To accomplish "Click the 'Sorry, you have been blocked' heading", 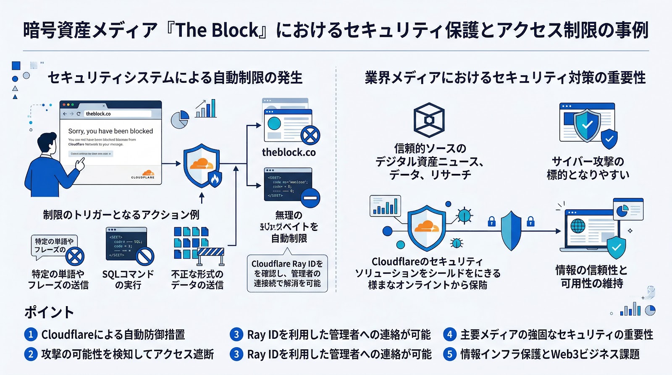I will [110, 131].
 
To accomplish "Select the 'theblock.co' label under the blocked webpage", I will [289, 152].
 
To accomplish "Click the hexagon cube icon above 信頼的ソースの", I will [429, 120].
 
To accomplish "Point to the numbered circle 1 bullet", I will [31, 334].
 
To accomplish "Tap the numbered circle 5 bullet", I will [449, 354].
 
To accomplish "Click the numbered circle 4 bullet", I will [449, 334].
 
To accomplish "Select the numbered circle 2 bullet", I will [31, 354].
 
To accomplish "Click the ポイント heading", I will [49, 312].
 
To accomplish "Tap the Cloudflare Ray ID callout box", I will [287, 273].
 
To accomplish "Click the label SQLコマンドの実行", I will [128, 280].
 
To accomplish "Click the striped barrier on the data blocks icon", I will [211, 252].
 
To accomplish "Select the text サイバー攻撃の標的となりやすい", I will [588, 168].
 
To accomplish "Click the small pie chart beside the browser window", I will [180, 120].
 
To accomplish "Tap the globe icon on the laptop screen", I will [578, 226].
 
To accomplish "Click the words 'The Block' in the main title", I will [217, 30].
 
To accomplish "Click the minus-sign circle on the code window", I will [310, 198].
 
